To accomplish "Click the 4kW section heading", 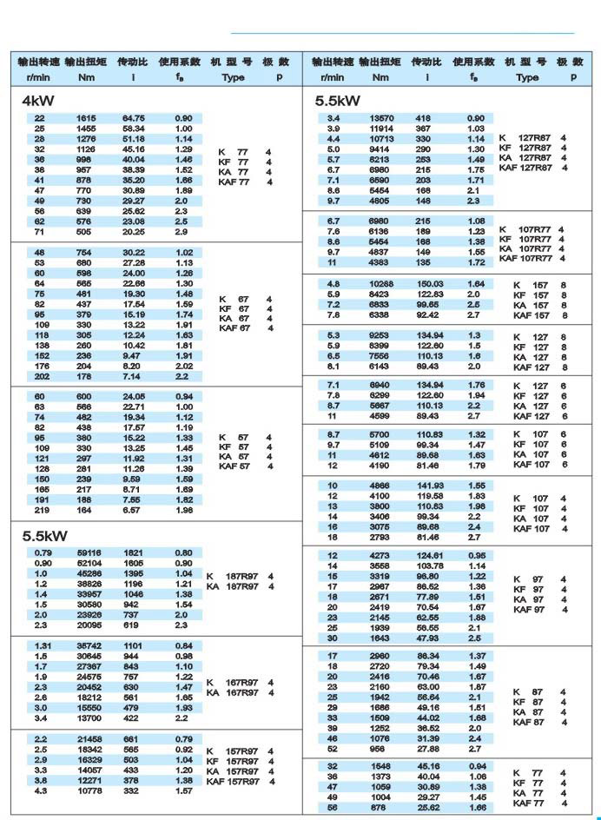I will [38, 100].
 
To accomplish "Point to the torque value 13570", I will [382, 118].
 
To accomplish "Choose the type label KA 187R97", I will [232, 586].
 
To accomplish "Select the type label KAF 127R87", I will [525, 168].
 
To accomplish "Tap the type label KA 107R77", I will [526, 248].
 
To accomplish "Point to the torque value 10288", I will [382, 284].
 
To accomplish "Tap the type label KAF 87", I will [529, 722].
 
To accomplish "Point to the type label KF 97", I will [527, 590].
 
